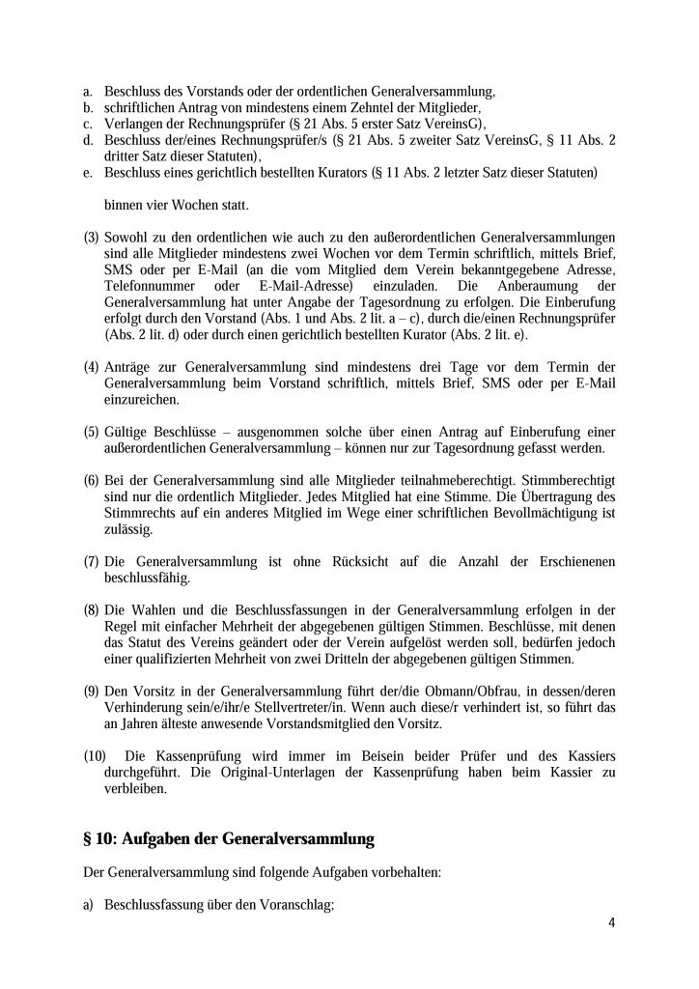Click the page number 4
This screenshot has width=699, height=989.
612,921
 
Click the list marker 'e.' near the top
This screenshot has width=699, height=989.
89,172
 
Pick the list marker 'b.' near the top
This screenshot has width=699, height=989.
89,108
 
